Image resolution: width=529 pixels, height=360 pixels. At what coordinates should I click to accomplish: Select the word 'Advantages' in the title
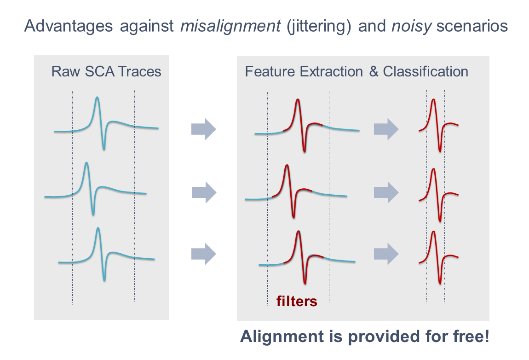click(68, 26)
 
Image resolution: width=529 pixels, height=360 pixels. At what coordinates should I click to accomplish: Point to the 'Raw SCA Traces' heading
click(106, 72)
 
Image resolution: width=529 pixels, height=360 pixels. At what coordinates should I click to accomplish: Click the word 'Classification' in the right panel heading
click(425, 72)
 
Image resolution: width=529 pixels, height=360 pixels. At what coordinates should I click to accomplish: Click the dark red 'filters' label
click(297, 302)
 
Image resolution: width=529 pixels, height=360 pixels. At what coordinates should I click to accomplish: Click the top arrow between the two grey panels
click(203, 129)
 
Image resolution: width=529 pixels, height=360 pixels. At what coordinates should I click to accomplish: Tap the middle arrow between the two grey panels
click(203, 192)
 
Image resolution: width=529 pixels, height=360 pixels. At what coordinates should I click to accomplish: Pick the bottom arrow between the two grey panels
click(203, 254)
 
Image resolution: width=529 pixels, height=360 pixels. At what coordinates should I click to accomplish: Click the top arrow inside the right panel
click(385, 129)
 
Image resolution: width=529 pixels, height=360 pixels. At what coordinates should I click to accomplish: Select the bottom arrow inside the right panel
click(385, 254)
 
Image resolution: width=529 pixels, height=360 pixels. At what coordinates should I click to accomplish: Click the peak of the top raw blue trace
click(97, 98)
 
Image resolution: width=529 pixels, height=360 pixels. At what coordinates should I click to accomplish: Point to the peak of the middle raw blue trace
click(86, 163)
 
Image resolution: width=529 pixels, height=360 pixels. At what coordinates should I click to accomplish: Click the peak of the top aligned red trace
click(433, 100)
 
